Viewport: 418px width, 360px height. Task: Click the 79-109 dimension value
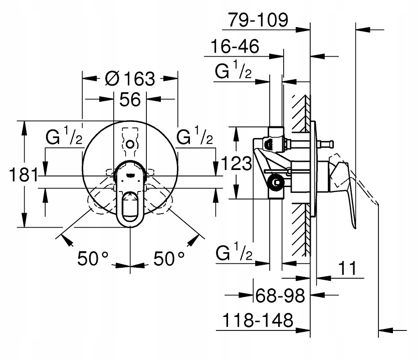coord(258,20)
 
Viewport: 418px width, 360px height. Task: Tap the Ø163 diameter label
coord(130,78)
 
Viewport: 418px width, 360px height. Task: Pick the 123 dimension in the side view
coord(235,163)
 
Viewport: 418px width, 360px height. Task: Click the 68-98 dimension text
coord(279,295)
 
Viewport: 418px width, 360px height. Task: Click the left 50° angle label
coord(94,259)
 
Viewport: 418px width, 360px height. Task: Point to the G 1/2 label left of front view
coord(64,137)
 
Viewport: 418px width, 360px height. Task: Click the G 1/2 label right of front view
coord(195,136)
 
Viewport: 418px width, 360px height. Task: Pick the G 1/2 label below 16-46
coord(233,73)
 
